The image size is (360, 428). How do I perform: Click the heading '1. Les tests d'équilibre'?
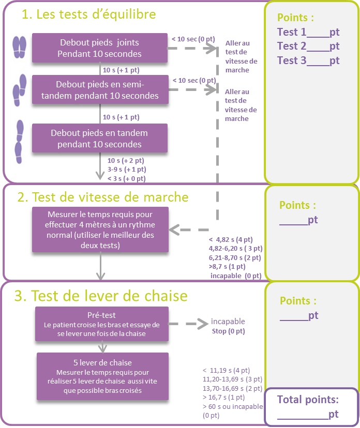tap(88, 14)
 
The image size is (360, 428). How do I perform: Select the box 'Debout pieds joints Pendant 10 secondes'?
tap(100, 48)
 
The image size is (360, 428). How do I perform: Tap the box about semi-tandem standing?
tap(100, 90)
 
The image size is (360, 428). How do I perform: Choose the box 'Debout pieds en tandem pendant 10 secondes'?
tap(100, 138)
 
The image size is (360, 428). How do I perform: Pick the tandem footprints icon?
tap(19, 142)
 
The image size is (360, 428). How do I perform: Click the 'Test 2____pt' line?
tap(308, 46)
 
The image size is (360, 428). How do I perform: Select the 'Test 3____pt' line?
tap(308, 60)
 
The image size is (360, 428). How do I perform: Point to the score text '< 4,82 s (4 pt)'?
tap(231, 239)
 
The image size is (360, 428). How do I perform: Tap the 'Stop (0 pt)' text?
tap(228, 330)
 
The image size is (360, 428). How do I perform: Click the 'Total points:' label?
tap(308, 399)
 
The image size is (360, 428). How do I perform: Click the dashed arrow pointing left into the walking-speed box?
tap(189, 229)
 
